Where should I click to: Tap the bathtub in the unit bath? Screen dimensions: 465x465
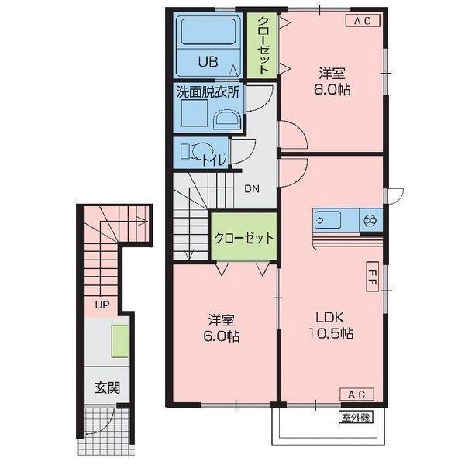(207, 34)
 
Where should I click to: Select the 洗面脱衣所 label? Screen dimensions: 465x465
(207, 91)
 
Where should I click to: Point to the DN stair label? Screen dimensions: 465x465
(253, 188)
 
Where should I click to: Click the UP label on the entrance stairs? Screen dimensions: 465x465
(102, 305)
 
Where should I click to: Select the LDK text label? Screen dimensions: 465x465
(333, 317)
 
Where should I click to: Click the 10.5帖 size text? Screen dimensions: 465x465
(333, 335)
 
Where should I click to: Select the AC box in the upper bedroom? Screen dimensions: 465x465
(363, 21)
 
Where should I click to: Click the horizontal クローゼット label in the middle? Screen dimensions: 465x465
(243, 238)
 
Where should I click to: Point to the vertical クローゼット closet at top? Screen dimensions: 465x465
(263, 45)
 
